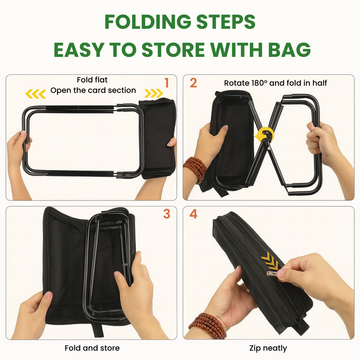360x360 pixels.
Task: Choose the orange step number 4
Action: [x=193, y=213]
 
